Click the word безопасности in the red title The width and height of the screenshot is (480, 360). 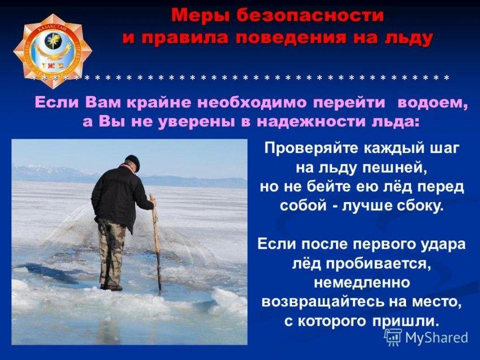click(x=310, y=16)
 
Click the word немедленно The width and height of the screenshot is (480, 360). click(x=362, y=282)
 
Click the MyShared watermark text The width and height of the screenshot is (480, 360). click(x=437, y=337)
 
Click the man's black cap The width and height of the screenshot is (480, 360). click(x=133, y=162)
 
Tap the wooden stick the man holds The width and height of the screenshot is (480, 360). click(x=155, y=242)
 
